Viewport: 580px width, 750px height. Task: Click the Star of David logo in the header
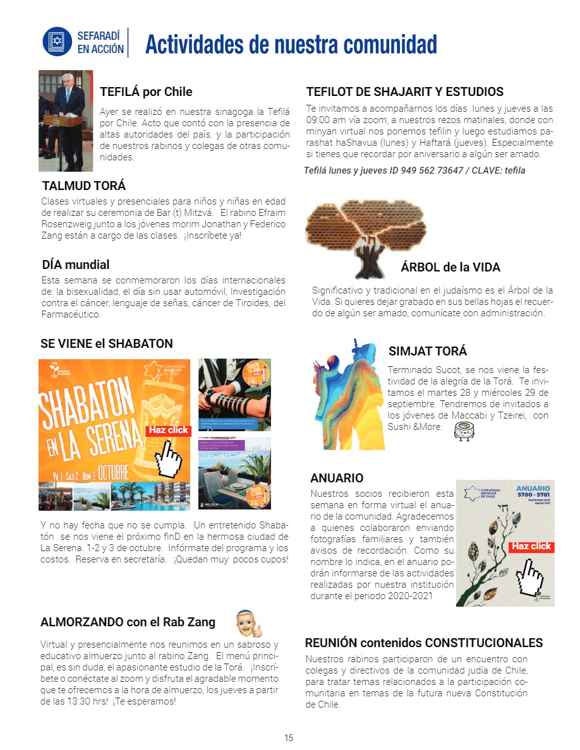pyautogui.click(x=57, y=42)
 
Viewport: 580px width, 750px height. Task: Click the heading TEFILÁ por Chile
pyautogui.click(x=146, y=92)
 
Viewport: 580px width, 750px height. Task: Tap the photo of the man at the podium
pyautogui.click(x=66, y=121)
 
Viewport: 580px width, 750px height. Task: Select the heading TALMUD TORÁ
pyautogui.click(x=83, y=186)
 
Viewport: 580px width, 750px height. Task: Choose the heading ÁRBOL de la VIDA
pyautogui.click(x=450, y=267)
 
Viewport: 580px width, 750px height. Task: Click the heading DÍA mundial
pyautogui.click(x=75, y=265)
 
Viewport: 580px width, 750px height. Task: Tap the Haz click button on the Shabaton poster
pyautogui.click(x=169, y=430)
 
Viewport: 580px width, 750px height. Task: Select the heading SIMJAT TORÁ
pyautogui.click(x=428, y=351)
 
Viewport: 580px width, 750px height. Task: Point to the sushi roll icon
pyautogui.click(x=464, y=431)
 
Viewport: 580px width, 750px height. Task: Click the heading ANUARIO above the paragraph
pyautogui.click(x=337, y=478)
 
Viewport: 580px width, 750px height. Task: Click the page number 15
pyautogui.click(x=289, y=737)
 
